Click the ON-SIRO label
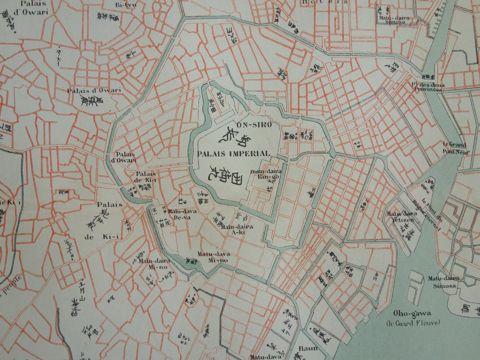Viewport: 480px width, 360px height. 254,125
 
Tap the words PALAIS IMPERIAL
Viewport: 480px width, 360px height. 234,154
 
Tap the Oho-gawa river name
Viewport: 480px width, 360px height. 412,313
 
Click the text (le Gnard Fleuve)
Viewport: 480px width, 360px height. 413,322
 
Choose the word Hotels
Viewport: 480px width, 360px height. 325,2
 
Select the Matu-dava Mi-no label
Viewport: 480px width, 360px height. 214,257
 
